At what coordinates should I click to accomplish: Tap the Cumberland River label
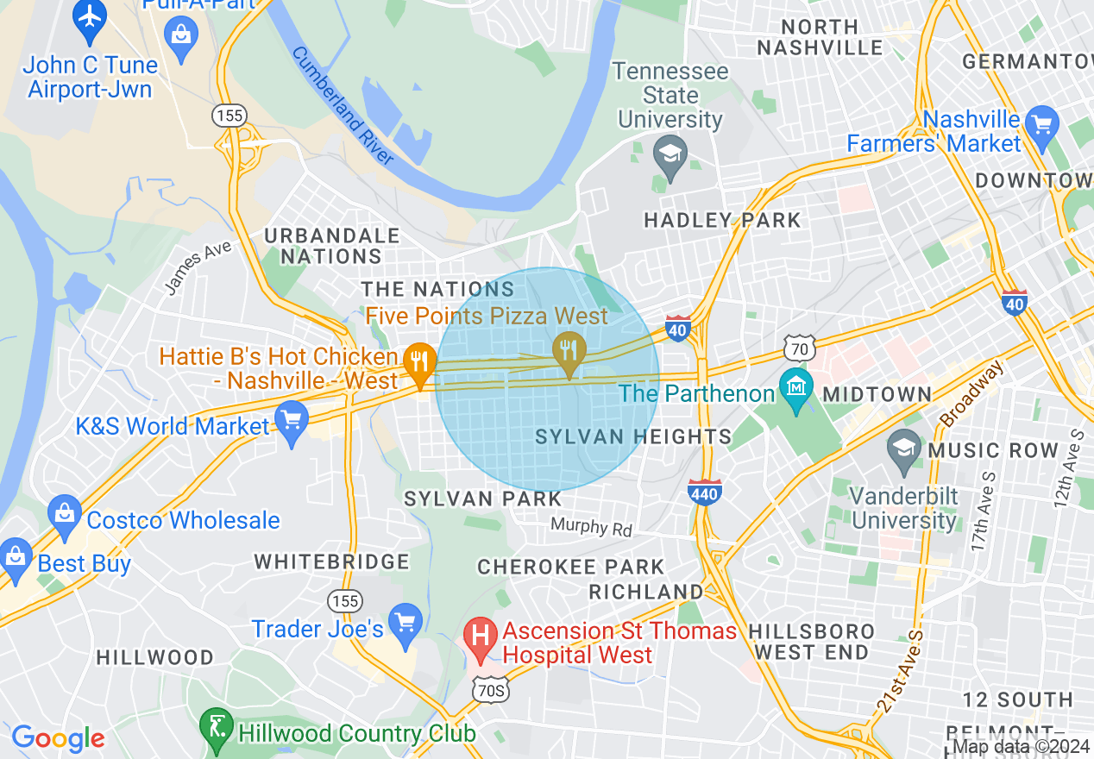(x=343, y=105)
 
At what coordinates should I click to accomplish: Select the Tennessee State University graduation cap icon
(x=670, y=154)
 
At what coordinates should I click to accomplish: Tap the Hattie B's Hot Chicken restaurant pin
(x=419, y=361)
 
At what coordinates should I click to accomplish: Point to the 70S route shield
(x=489, y=689)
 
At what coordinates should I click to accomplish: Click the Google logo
(x=58, y=738)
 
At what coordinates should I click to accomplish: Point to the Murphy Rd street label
(x=591, y=526)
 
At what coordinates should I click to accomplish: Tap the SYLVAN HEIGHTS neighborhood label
(x=633, y=437)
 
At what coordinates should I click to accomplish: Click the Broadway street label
(x=973, y=393)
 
